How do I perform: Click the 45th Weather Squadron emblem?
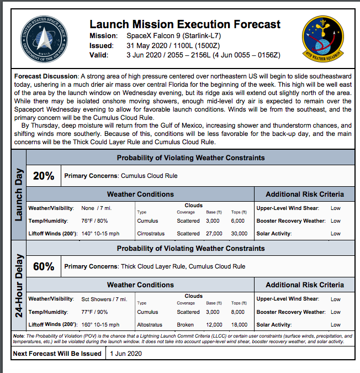coord(321,38)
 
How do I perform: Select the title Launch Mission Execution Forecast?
coord(184,24)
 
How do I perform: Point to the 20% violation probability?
coord(44,176)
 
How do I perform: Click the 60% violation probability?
coord(44,266)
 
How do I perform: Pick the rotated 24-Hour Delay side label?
coord(19,285)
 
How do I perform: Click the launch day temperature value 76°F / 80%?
coord(94,221)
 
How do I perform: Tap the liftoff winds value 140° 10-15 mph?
coord(100,234)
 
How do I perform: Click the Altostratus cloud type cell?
coord(149,325)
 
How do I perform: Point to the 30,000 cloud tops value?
coord(239,234)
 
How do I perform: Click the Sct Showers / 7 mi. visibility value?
coord(104,300)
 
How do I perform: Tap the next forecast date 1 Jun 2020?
coord(126,354)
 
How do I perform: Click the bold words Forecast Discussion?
coord(46,75)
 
